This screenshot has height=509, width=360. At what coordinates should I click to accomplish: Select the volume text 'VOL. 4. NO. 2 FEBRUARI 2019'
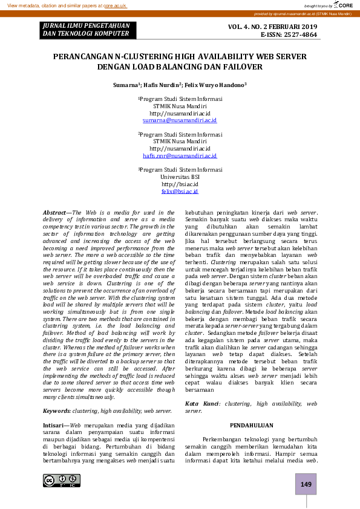pos(272,27)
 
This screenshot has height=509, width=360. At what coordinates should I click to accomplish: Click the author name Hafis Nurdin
pos(162,85)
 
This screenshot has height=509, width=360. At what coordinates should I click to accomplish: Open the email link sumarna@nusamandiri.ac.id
pos(180,121)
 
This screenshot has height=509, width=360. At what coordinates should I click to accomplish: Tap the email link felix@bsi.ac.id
pos(180,191)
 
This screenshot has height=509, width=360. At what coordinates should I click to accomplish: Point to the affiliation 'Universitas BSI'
pos(180,177)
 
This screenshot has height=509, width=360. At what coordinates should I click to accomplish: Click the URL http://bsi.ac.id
pos(180,184)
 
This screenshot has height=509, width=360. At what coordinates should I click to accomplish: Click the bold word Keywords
pos(56,411)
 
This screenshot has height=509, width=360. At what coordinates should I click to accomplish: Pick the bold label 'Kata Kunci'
pos(200,403)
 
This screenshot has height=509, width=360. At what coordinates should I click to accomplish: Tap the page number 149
pos(306,484)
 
